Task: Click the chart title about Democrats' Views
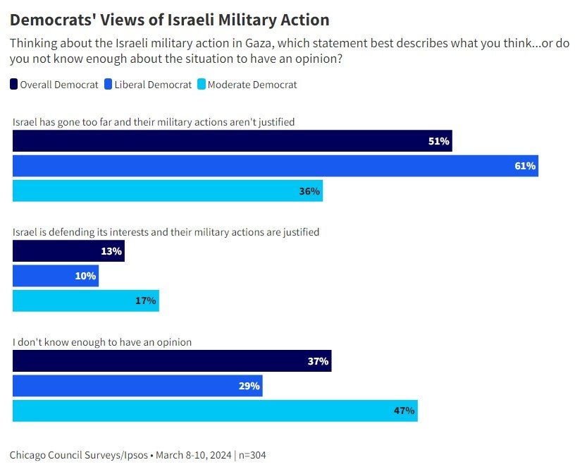pyautogui.click(x=169, y=19)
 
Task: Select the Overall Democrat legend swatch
pyautogui.click(x=14, y=85)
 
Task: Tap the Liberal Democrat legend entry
pyautogui.click(x=147, y=85)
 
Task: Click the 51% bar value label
pyautogui.click(x=438, y=141)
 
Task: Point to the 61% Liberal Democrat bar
pyautogui.click(x=275, y=166)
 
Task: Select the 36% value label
pyautogui.click(x=309, y=191)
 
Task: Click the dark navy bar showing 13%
pyautogui.click(x=68, y=251)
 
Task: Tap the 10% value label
pyautogui.click(x=85, y=276)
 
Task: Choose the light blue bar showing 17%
pyautogui.click(x=85, y=301)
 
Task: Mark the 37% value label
pyautogui.click(x=318, y=361)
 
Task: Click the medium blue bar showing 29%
pyautogui.click(x=137, y=386)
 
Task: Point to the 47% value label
pyautogui.click(x=404, y=411)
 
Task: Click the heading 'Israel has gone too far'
pyautogui.click(x=154, y=122)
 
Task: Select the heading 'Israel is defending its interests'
pyautogui.click(x=166, y=231)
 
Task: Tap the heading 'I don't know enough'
pyautogui.click(x=103, y=342)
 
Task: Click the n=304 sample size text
pyautogui.click(x=253, y=455)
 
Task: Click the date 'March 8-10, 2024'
pyautogui.click(x=193, y=455)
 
